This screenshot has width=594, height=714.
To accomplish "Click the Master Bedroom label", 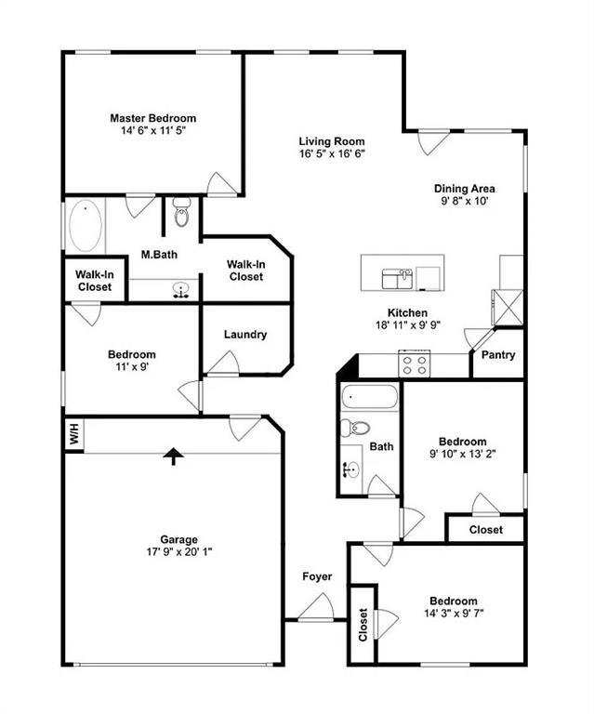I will coord(152,118).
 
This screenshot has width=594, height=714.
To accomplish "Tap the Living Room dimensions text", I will coord(331,153).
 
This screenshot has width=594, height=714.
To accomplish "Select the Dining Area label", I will coord(464,188).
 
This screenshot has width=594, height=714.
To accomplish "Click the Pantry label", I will coord(498,355).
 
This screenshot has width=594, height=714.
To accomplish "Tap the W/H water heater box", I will coord(73,434).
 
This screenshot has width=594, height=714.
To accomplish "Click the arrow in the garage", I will coord(172,456).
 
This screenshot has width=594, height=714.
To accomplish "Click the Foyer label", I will coord(317,576).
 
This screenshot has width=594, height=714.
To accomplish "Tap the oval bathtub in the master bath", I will coord(86,226).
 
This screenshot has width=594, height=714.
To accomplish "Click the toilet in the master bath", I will coord(181,214).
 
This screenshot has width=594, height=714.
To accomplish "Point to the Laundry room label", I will coord(245,335).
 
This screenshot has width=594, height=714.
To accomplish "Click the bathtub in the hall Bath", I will coord(370,398).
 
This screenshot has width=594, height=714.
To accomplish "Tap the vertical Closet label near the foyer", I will coord(363,625).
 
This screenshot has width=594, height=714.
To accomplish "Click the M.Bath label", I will coord(159,254).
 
